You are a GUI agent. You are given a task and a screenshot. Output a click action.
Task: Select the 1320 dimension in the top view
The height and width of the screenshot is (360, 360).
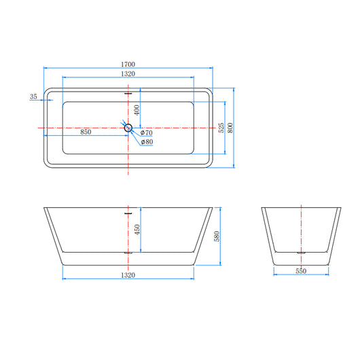(128, 73)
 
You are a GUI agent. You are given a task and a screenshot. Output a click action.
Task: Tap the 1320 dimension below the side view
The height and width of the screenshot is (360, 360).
(128, 275)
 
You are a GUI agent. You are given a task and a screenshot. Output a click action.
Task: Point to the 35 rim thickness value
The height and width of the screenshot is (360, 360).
(33, 97)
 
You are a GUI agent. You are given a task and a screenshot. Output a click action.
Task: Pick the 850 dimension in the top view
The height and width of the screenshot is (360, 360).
(86, 132)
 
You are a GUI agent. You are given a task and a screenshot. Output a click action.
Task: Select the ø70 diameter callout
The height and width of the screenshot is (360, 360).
(147, 132)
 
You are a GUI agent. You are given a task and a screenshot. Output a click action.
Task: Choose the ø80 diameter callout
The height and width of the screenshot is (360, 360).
(147, 142)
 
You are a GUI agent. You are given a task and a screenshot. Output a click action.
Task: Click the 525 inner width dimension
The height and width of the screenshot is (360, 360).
(221, 127)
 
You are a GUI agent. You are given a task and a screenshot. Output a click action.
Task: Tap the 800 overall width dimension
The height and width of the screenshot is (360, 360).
(231, 127)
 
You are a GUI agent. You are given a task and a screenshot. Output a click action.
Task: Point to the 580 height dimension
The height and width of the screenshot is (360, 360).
(217, 236)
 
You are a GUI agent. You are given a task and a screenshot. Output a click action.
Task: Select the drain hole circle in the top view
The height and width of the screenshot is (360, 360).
(128, 126)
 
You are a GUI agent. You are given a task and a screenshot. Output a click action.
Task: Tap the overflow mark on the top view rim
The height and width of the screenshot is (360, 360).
(128, 91)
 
